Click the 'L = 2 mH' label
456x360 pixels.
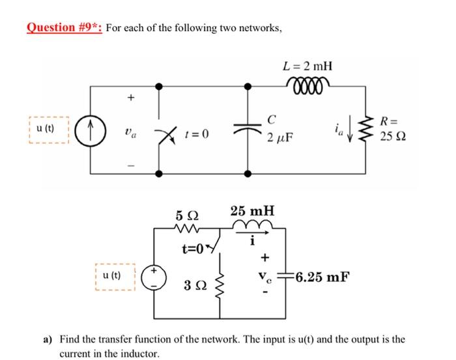pos(308,66)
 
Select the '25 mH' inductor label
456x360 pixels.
pos(252,212)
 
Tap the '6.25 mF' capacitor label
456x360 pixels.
pos(321,276)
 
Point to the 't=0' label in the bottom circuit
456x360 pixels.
pos(193,248)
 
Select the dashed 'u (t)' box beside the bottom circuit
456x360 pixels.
pos(115,276)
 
